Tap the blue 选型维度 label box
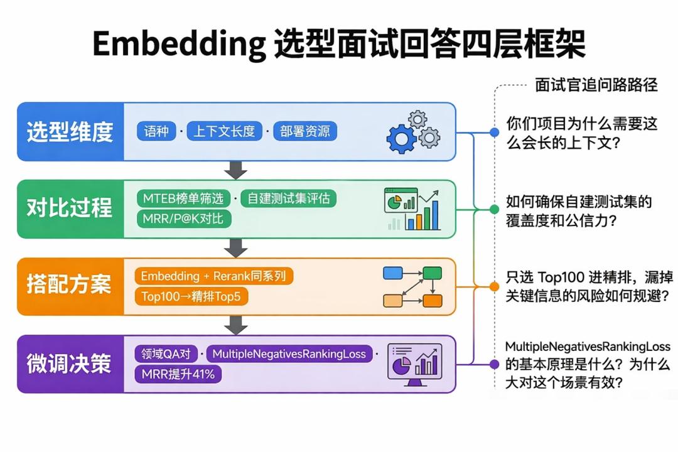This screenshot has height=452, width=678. [70, 132]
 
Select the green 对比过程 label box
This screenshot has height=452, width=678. [70, 208]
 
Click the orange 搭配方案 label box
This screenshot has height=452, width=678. [70, 285]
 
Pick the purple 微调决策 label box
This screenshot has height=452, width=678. [70, 363]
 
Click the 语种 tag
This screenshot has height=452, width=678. [156, 131]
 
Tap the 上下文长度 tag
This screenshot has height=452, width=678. [224, 131]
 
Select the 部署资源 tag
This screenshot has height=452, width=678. [305, 131]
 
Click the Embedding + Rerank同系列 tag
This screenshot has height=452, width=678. [213, 276]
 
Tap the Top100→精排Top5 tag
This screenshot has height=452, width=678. [191, 296]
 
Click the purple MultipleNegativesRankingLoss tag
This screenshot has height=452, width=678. [289, 354]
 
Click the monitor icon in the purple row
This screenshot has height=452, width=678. [414, 363]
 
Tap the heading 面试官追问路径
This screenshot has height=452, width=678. [596, 85]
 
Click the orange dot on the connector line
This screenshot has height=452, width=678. [494, 286]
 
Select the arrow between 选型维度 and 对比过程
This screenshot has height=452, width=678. [236, 169]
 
